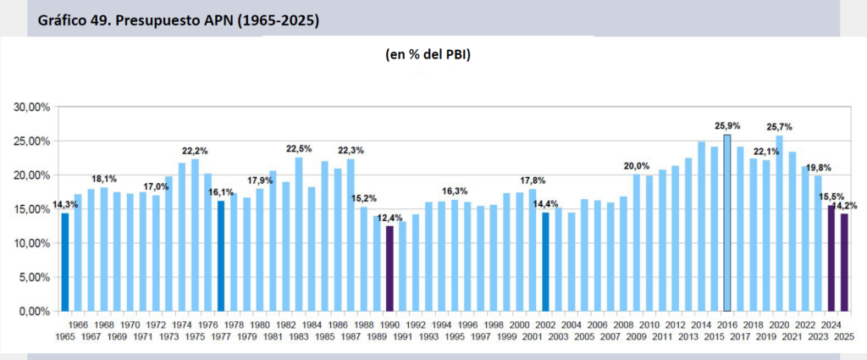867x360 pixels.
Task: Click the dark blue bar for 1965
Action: click(x=65, y=262)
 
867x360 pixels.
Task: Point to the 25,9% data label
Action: click(x=726, y=126)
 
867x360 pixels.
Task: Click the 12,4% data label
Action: click(x=389, y=219)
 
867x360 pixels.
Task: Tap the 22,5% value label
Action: click(x=299, y=149)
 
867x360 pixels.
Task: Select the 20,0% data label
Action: click(x=636, y=166)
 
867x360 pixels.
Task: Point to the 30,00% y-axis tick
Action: click(x=33, y=107)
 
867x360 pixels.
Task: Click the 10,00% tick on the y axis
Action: click(x=33, y=243)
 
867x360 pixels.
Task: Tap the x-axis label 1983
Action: click(x=299, y=335)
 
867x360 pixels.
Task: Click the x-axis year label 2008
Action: click(x=623, y=324)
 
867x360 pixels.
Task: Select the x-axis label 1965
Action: click(x=65, y=335)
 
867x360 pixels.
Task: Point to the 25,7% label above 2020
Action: click(x=778, y=126)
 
